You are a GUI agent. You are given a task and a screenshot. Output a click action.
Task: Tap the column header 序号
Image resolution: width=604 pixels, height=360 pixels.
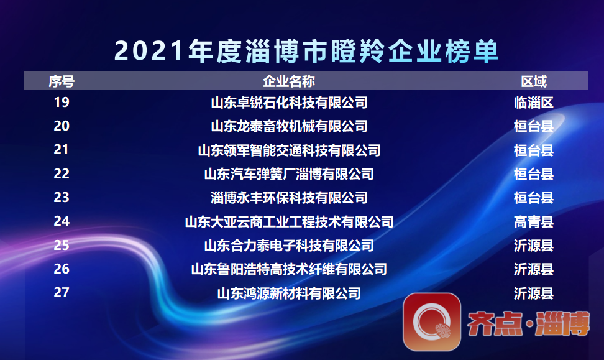pos(62,81)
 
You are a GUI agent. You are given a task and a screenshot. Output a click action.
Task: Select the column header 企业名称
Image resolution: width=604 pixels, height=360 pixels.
pos(289,81)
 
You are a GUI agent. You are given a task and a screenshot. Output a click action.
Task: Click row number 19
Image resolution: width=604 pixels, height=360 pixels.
pos(62,103)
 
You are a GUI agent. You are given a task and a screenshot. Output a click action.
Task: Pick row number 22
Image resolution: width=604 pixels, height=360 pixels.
pos(62,174)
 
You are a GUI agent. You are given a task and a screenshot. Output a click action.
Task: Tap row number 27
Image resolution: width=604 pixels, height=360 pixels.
pos(62,293)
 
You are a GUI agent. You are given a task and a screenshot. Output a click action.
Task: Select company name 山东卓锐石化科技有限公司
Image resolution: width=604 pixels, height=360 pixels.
pos(289,103)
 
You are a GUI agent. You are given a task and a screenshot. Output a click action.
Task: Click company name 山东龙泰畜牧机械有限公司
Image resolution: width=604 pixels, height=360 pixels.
pos(289,126)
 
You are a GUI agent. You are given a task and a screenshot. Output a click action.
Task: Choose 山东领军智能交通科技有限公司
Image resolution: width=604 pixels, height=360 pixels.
pos(289,150)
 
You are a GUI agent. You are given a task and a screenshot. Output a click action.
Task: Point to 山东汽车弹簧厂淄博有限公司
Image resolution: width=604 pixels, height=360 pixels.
pos(289,174)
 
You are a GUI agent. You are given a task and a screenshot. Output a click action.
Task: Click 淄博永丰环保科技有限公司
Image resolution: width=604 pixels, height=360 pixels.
pos(289,198)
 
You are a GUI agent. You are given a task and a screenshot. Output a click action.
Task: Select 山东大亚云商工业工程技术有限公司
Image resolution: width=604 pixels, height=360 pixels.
pos(289,221)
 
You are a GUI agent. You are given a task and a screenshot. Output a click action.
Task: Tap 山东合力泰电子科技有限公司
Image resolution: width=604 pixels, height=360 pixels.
pos(289,246)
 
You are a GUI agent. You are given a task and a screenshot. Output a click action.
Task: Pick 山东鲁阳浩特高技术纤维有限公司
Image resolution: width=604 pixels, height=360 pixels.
pos(289,269)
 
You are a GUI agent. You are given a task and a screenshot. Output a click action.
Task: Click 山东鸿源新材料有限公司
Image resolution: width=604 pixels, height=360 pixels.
pos(289,293)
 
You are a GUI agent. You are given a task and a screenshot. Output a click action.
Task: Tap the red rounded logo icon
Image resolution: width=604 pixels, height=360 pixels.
pos(432,321)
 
